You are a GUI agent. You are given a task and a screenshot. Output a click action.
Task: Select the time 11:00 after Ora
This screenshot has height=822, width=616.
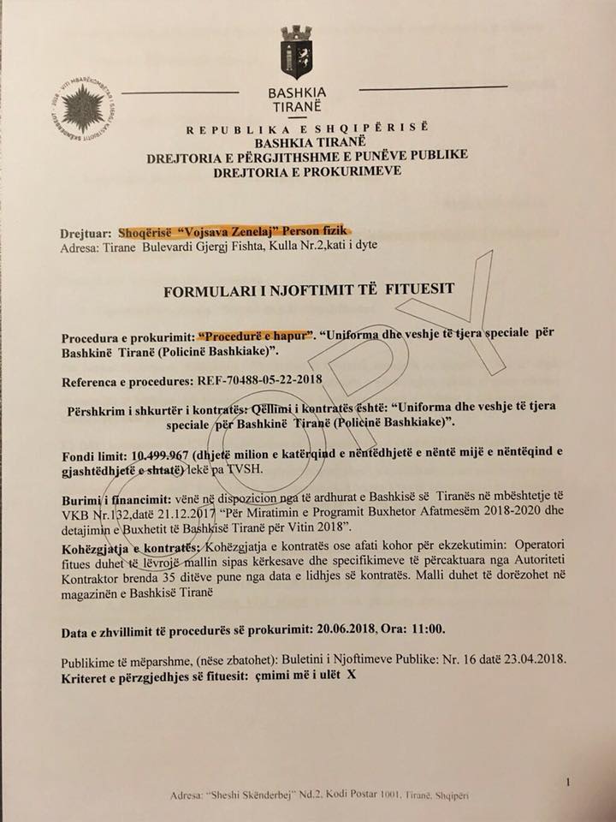click(427, 633)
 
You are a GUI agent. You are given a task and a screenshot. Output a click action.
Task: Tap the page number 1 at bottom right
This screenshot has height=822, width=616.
click(569, 781)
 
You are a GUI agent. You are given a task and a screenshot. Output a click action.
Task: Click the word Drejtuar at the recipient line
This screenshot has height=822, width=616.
click(86, 233)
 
